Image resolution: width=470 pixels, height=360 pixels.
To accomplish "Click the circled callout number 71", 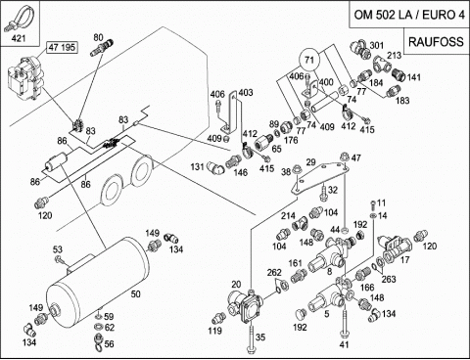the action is pyautogui.click(x=309, y=60).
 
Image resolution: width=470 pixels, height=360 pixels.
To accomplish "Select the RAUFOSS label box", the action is pyautogui.click(x=436, y=41).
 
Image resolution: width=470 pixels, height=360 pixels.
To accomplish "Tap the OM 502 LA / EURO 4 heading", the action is pyautogui.click(x=409, y=15).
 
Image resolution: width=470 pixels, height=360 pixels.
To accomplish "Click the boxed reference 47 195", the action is pyautogui.click(x=62, y=47).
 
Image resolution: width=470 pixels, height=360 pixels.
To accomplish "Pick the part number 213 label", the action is pyautogui.click(x=394, y=55).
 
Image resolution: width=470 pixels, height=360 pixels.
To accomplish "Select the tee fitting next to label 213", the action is pyautogui.click(x=382, y=64).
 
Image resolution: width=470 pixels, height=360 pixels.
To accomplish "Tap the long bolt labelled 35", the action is pyautogui.click(x=251, y=339).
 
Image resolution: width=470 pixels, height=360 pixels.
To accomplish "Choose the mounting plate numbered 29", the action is pyautogui.click(x=320, y=178).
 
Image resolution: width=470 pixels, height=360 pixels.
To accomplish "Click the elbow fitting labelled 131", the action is pyautogui.click(x=216, y=168).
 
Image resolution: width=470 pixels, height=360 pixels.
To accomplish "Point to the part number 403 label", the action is pyautogui.click(x=246, y=93).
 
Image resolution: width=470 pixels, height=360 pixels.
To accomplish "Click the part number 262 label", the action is pyautogui.click(x=274, y=273).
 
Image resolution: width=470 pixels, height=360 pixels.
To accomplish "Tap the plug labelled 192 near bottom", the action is pyautogui.click(x=301, y=314).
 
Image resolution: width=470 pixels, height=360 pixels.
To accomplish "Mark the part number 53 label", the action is pyautogui.click(x=58, y=250).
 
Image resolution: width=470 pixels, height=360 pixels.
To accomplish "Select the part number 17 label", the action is pyautogui.click(x=404, y=260).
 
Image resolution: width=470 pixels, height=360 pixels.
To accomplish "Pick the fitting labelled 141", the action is pyautogui.click(x=399, y=74).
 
